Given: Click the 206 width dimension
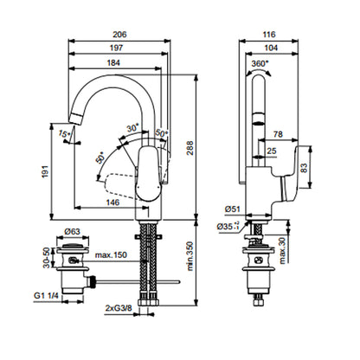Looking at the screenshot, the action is coord(119,35).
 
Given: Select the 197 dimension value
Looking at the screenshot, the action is coord(116,48).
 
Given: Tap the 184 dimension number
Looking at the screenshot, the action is coord(113,62).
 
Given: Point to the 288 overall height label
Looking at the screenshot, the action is coord(190,148).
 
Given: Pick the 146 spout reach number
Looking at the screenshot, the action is coord(112,202).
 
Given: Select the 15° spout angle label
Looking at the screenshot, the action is coord(64,134).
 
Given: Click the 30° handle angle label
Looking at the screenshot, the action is coord(133,127).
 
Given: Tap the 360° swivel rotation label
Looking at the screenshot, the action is coord(260,63).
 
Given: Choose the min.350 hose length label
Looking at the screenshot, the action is coord(190,256).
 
